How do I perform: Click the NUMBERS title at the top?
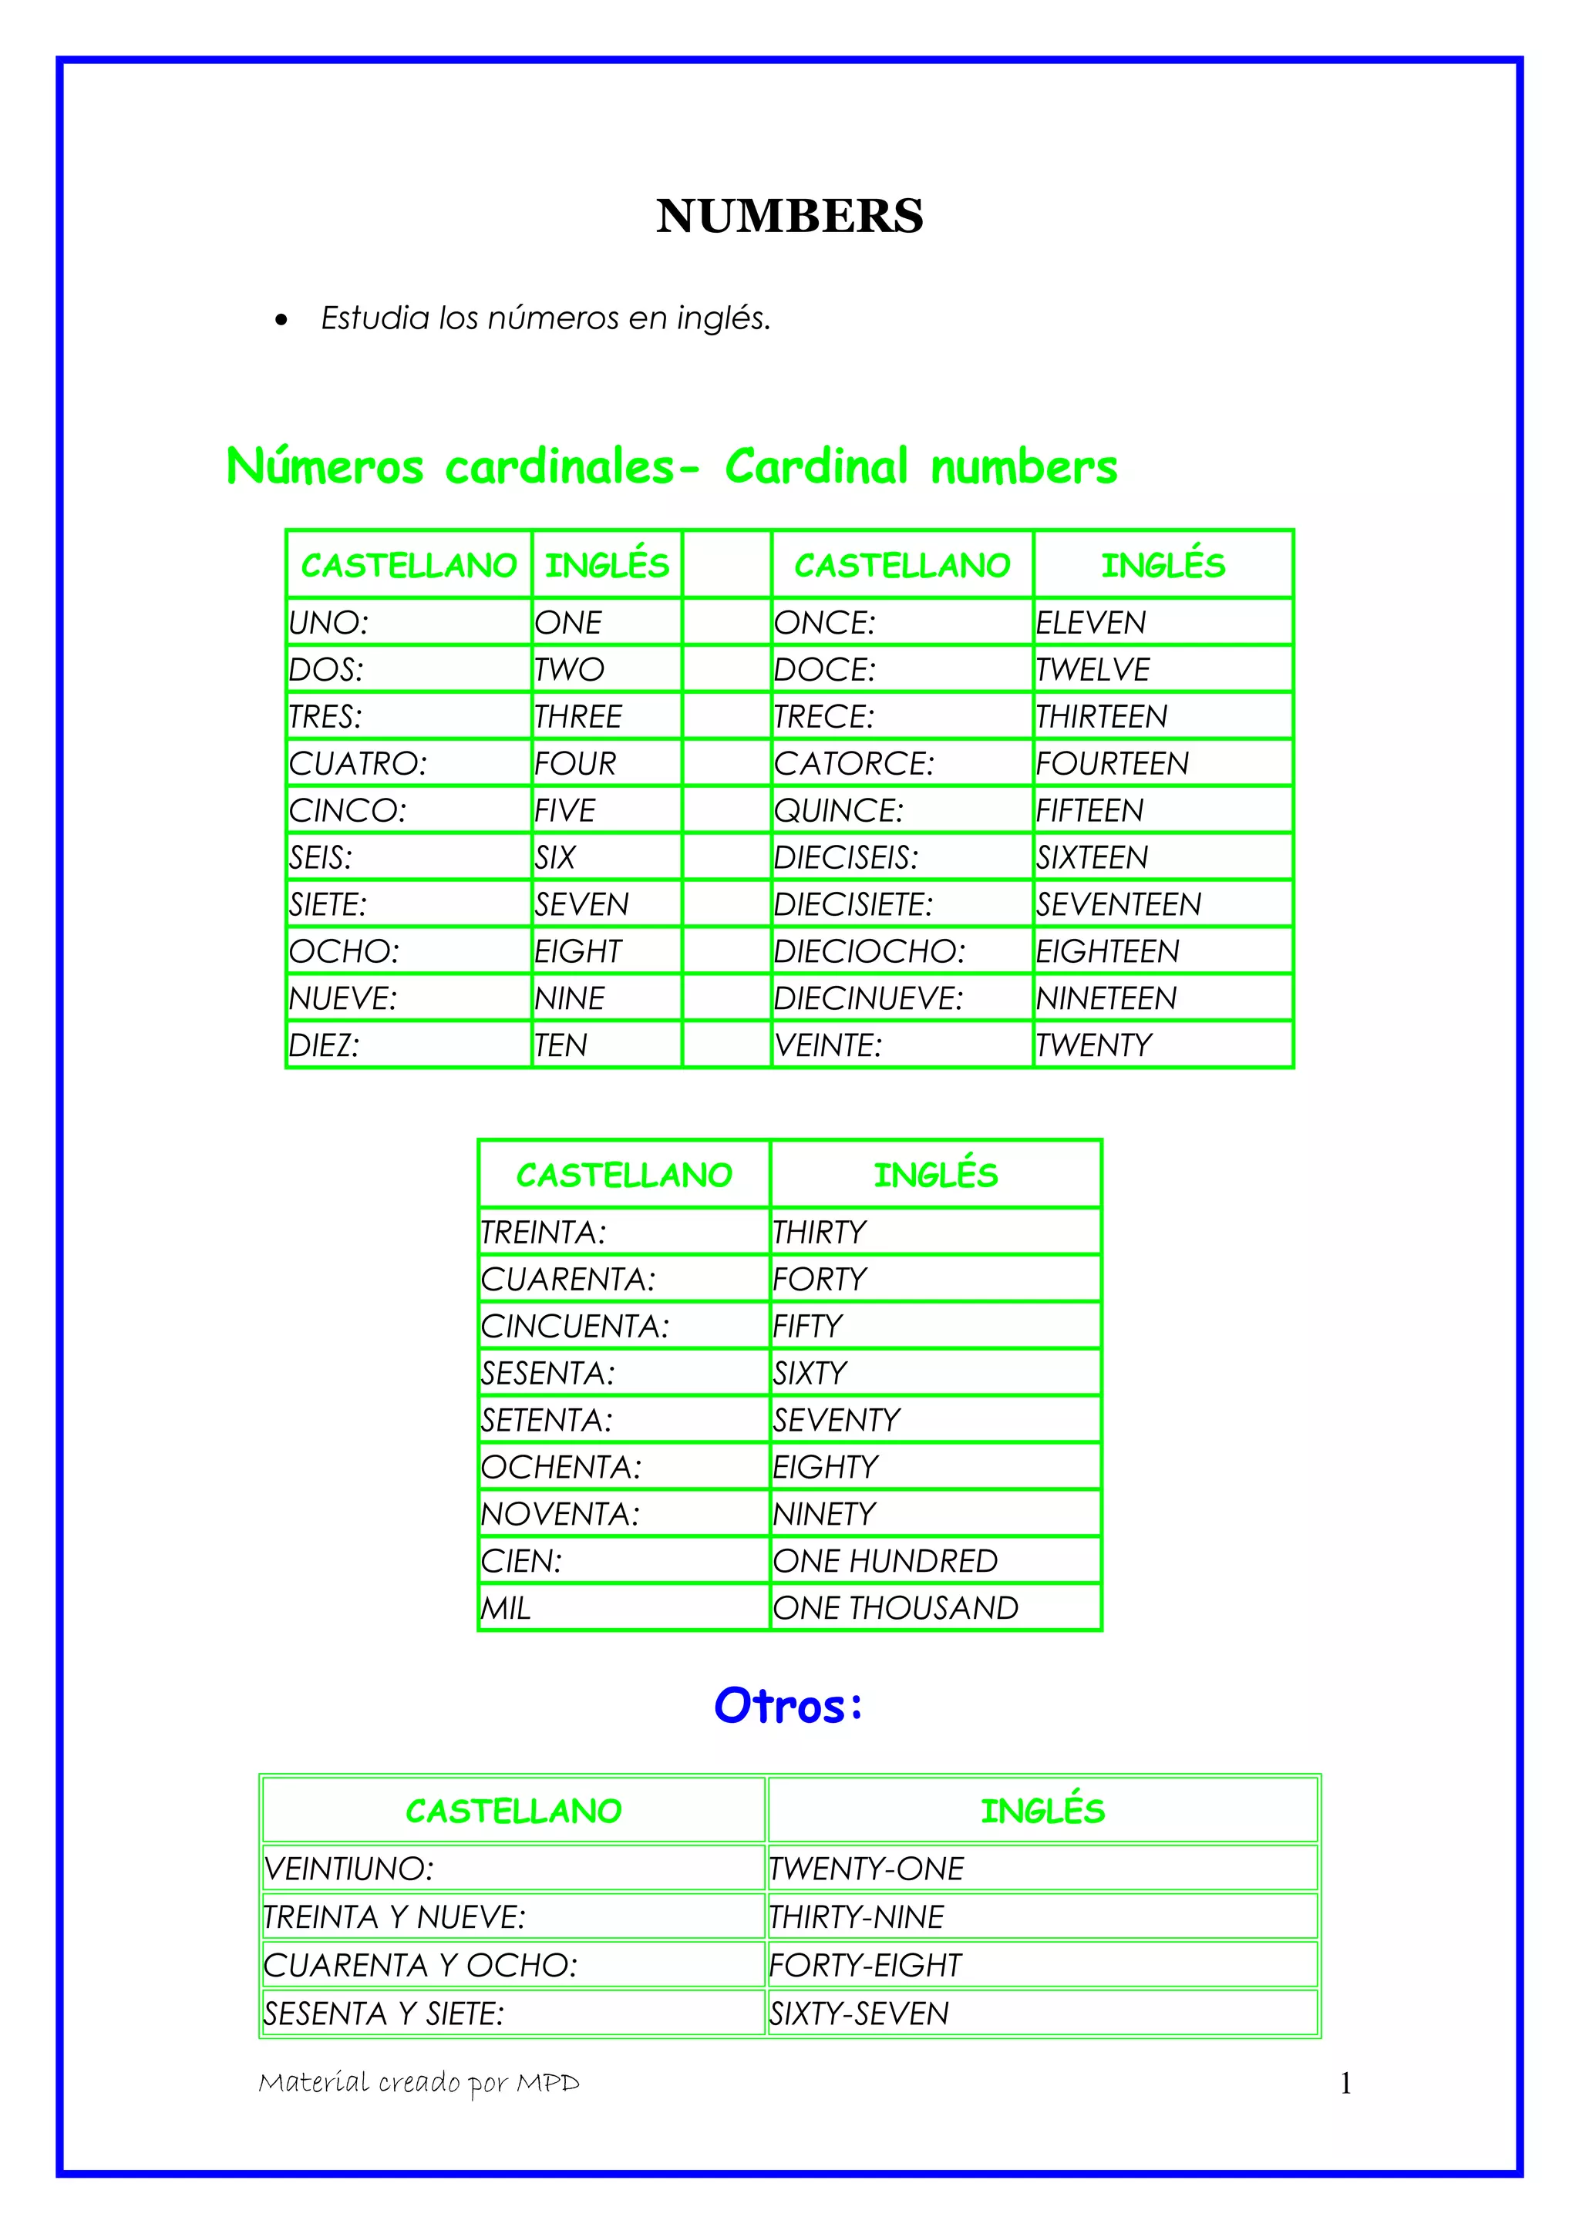coord(789,216)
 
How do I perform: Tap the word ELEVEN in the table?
coord(1091,623)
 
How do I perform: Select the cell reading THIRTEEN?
coord(1100,717)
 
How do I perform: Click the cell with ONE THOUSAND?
coord(895,1608)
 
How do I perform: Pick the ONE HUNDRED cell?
coord(884,1562)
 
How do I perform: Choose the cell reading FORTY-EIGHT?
coord(865,1966)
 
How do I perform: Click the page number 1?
coord(1345,2083)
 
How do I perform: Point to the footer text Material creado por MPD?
coord(419,2082)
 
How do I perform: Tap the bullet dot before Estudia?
coord(281,320)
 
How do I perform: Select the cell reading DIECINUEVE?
coord(868,998)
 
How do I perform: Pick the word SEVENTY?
coord(837,1421)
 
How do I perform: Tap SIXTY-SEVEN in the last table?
coord(859,2013)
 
